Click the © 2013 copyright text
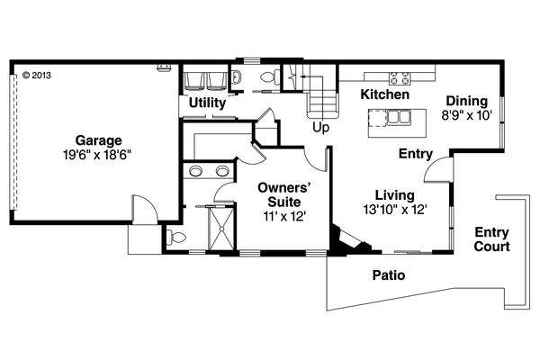coord(37,76)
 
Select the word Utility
coord(206,104)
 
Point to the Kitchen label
coord(385,94)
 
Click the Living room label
coord(395,194)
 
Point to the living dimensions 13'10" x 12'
coord(395,209)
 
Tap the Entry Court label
coord(492,238)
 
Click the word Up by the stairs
coord(319,127)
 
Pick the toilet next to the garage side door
coord(175,238)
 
